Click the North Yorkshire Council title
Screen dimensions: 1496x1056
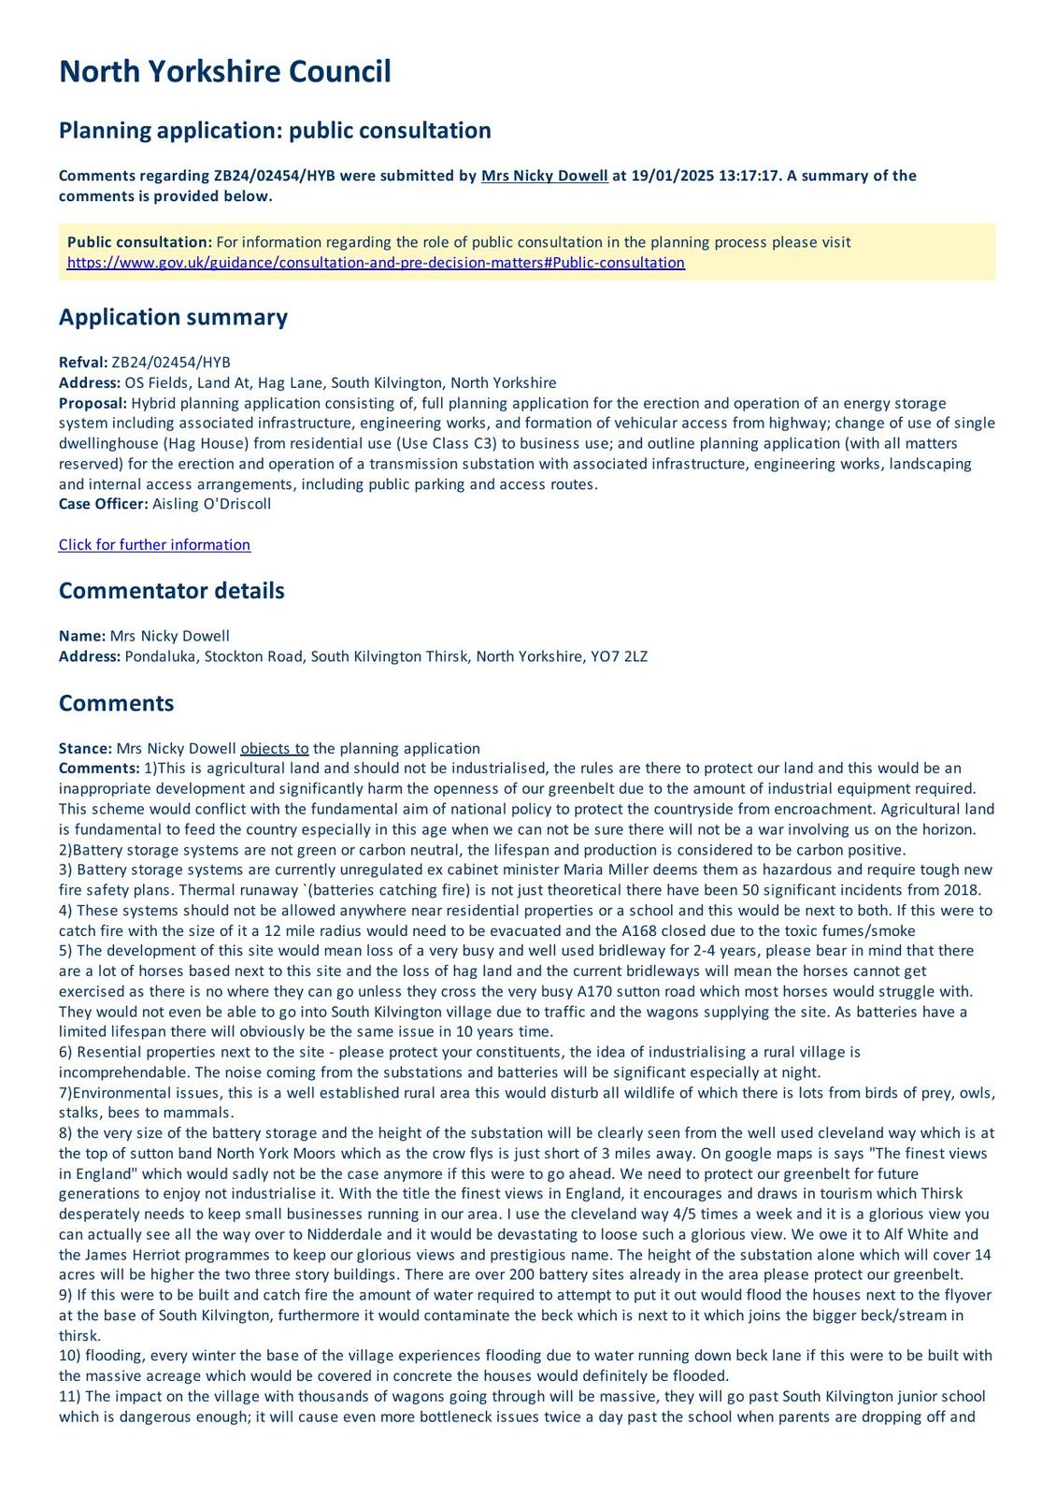(x=224, y=72)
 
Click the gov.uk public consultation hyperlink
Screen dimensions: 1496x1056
(x=376, y=263)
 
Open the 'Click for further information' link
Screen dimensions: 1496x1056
(x=154, y=545)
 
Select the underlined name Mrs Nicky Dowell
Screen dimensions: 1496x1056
(x=544, y=176)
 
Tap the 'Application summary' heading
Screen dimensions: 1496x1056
(x=173, y=317)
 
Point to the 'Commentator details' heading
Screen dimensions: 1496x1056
(x=171, y=591)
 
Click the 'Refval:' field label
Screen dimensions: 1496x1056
(x=83, y=363)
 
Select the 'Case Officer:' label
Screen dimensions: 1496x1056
(x=103, y=504)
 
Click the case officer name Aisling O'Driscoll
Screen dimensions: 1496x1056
(x=211, y=504)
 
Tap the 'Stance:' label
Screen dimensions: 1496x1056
(x=85, y=748)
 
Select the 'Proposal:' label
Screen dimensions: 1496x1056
(x=93, y=403)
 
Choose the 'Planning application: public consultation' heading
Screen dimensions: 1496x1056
(x=275, y=130)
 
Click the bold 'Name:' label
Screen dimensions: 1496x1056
(x=82, y=636)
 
